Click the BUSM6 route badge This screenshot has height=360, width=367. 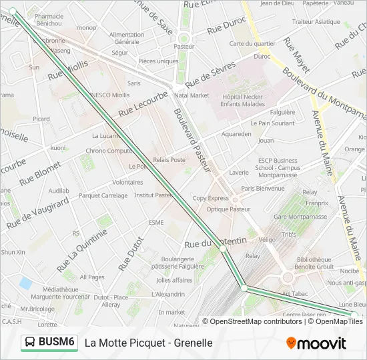[x=49, y=342]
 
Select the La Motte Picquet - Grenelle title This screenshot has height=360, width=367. [x=148, y=343]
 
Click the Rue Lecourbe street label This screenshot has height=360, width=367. [x=143, y=103]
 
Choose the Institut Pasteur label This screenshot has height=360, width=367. [x=153, y=195]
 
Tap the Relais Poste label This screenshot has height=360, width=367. [x=169, y=160]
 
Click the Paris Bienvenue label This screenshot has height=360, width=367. [x=263, y=189]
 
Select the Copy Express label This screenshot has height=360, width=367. [x=210, y=198]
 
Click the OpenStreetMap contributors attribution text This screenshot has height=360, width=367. [x=256, y=321]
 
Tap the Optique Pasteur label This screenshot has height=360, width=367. [x=228, y=209]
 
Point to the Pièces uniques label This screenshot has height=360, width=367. [x=158, y=61]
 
